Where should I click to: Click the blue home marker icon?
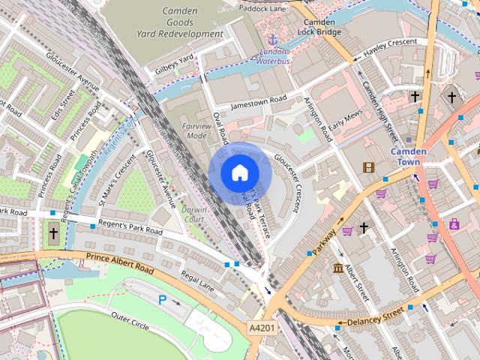pyautogui.click(x=238, y=172)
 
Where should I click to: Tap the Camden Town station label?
pyautogui.click(x=409, y=157)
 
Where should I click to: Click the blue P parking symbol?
pyautogui.click(x=162, y=299)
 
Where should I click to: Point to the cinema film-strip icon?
pyautogui.click(x=368, y=167)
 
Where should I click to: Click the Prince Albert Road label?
pyautogui.click(x=120, y=263)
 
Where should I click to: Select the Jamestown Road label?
pyautogui.click(x=259, y=102)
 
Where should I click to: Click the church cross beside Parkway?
pyautogui.click(x=364, y=227)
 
